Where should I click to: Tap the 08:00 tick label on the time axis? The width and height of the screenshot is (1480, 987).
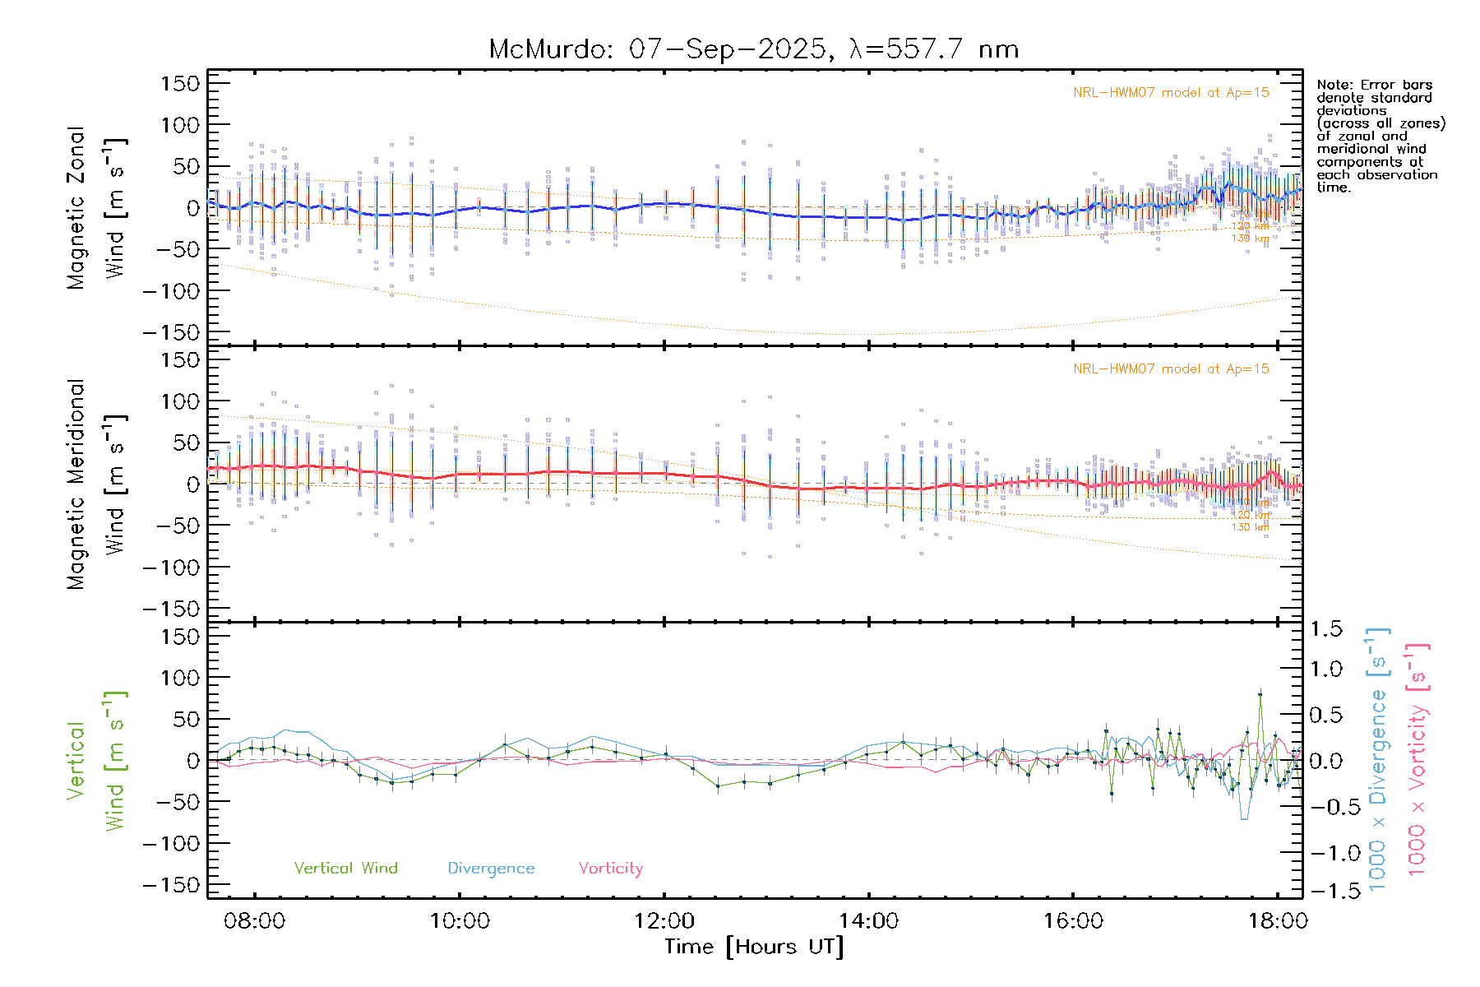255,921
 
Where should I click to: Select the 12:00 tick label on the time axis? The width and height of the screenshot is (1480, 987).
664,921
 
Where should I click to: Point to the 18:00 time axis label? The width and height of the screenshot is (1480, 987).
1278,921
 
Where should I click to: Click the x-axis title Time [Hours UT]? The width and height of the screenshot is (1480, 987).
754,947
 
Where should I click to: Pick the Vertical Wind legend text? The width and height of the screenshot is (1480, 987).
345,869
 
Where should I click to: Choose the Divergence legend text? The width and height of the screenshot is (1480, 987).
491,869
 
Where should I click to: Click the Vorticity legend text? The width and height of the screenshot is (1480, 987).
610,869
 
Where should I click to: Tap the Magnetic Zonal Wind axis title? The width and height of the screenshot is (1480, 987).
96,207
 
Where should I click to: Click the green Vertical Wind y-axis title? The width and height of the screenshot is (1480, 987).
96,761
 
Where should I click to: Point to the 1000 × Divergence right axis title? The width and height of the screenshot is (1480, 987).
1378,761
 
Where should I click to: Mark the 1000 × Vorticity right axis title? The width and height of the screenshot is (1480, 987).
1418,761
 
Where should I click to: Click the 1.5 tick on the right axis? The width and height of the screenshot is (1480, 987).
1326,629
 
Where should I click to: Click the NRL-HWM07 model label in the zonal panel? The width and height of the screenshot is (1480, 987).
1171,93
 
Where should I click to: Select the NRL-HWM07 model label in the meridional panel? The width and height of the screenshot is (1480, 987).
1171,369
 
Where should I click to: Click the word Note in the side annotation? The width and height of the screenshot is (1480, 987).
1332,85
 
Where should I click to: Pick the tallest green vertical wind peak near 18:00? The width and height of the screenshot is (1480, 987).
1260,694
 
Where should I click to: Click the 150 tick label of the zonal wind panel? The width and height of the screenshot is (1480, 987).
181,83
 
